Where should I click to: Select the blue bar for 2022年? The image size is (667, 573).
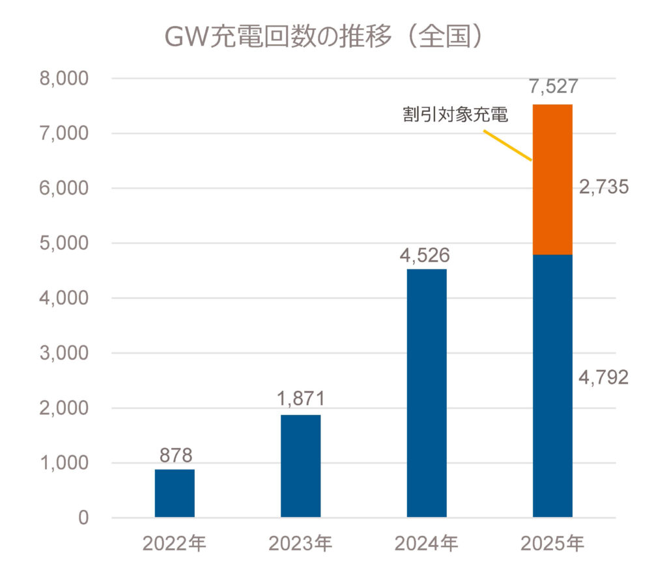(x=175, y=493)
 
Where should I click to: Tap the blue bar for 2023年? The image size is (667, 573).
(x=300, y=466)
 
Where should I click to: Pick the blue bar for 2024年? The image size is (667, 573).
(x=427, y=393)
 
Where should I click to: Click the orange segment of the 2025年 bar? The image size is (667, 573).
(x=552, y=179)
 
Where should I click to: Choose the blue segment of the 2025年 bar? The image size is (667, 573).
(x=552, y=386)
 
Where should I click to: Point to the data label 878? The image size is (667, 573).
(x=175, y=455)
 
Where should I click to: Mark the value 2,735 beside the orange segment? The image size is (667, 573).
(x=604, y=187)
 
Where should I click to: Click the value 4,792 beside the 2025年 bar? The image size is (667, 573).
(x=604, y=377)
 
